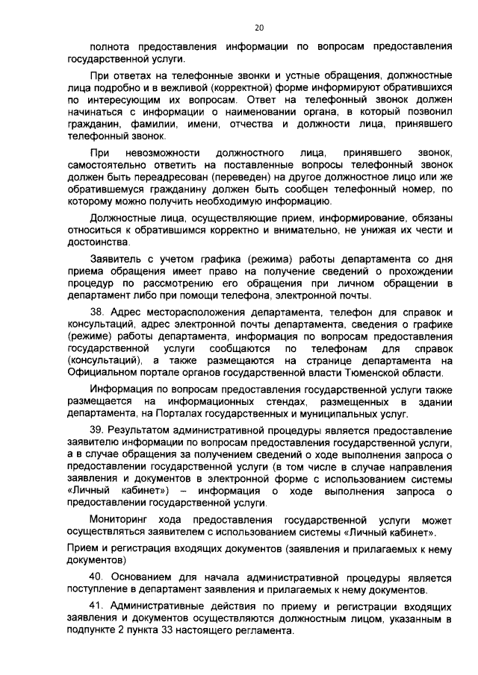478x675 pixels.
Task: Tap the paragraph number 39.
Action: pyautogui.click(x=96, y=431)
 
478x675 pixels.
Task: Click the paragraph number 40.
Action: pyautogui.click(x=96, y=577)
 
